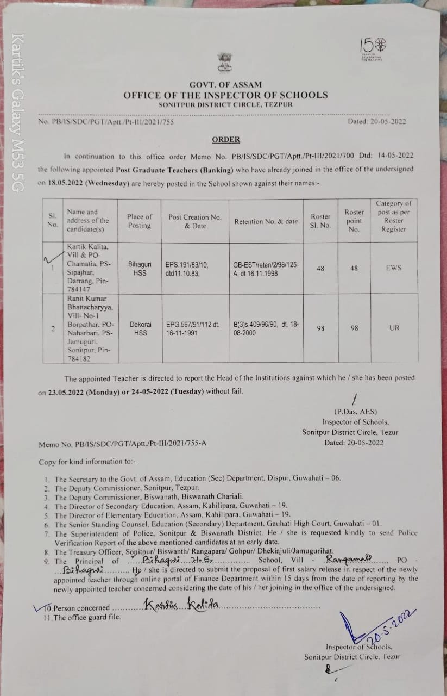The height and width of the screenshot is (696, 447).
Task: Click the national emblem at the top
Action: [x=224, y=63]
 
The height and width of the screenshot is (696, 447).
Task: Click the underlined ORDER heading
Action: [x=225, y=140]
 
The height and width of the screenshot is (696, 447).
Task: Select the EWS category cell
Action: [x=394, y=268]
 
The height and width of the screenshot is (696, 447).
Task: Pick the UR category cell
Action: [x=394, y=328]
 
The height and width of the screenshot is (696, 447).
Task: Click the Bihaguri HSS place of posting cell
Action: [x=140, y=268]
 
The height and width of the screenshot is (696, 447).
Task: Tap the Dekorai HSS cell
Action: [x=140, y=328]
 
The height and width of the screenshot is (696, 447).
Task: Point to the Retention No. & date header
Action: [x=266, y=221]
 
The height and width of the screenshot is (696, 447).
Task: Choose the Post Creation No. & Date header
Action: [x=195, y=221]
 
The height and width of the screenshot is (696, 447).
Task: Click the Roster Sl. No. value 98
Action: [x=320, y=328]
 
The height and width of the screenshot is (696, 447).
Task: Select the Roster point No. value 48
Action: [x=354, y=268]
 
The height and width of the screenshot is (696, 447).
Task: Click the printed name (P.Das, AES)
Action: [x=355, y=412]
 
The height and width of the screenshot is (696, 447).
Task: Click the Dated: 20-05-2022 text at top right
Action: [x=376, y=122]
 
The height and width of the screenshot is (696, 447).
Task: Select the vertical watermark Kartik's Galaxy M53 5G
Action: [x=18, y=113]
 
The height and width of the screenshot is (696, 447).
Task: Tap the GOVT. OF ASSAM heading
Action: [x=225, y=84]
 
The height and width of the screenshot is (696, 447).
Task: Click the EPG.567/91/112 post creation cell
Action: [x=193, y=328]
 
